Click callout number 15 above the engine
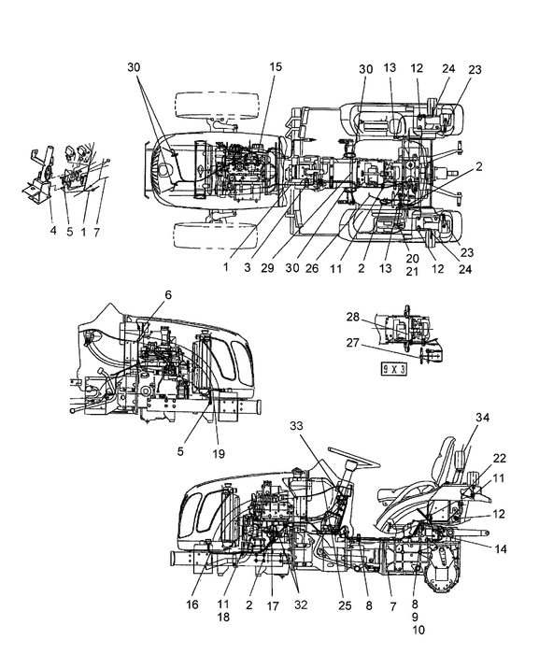coord(276,66)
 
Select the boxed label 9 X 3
coord(394,369)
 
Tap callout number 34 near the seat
coord(483,417)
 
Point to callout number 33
coord(297,426)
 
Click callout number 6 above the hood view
coord(168,295)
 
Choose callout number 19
coord(219,453)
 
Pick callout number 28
coord(352,317)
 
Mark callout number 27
coord(352,343)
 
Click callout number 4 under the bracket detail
coord(53,230)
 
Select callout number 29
coord(267,268)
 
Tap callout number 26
coord(312,268)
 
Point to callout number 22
coord(500,458)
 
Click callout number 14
coord(500,549)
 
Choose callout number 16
coord(192,604)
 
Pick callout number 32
coord(301,604)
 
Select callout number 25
coord(345,605)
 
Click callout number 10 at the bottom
coord(418,630)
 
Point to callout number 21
coord(412,271)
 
